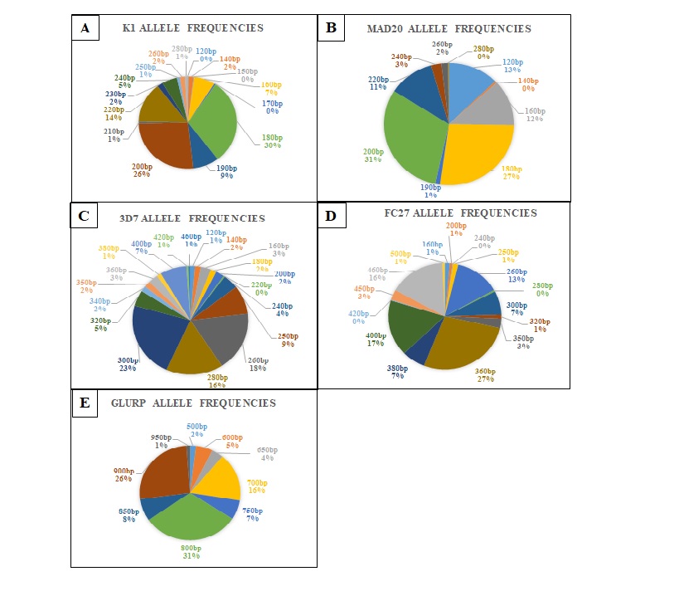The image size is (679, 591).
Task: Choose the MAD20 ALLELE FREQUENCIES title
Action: [x=449, y=29]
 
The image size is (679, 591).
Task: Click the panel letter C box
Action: [x=85, y=218]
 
